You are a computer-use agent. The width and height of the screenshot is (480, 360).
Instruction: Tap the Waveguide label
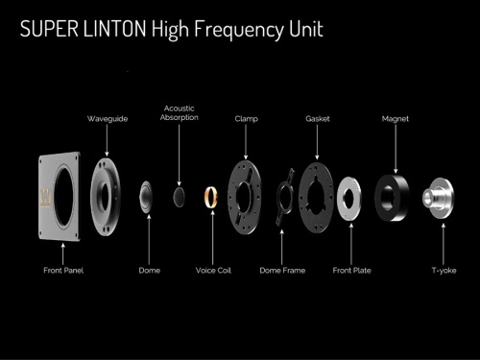pyautogui.click(x=108, y=119)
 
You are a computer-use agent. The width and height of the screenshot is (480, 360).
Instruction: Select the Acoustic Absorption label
pyautogui.click(x=180, y=113)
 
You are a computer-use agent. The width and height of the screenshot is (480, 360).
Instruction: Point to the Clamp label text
pyautogui.click(x=246, y=119)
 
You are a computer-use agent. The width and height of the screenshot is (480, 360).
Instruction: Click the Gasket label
pyautogui.click(x=318, y=119)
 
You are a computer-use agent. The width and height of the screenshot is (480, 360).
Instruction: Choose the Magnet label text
pyautogui.click(x=396, y=119)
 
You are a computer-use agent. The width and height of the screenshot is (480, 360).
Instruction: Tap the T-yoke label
pyautogui.click(x=444, y=271)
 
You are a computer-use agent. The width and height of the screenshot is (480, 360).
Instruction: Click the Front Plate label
pyautogui.click(x=351, y=271)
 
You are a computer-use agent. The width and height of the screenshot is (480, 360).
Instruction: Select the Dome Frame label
pyautogui.click(x=282, y=271)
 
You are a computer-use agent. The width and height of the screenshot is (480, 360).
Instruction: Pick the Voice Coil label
pyautogui.click(x=213, y=271)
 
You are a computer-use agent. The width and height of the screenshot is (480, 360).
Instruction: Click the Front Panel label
pyautogui.click(x=63, y=271)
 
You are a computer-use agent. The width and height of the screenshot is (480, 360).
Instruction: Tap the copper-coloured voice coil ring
pyautogui.click(x=206, y=197)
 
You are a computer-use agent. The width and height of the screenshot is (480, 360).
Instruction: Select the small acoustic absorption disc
pyautogui.click(x=180, y=197)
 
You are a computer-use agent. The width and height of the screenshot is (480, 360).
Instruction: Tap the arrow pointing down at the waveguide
pyautogui.click(x=107, y=140)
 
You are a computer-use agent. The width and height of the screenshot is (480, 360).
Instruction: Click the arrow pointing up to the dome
pyautogui.click(x=149, y=240)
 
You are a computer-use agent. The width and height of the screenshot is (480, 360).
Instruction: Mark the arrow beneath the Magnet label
pyautogui.click(x=396, y=149)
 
